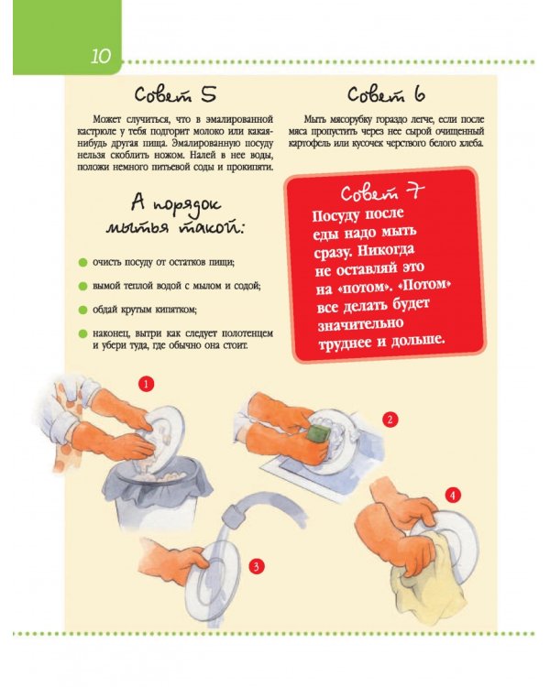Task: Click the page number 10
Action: click(x=101, y=56)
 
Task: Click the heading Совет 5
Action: click(x=175, y=94)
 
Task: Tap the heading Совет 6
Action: click(x=387, y=94)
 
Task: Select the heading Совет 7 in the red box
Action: click(x=382, y=191)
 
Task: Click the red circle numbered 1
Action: click(x=146, y=384)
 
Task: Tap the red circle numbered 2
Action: click(x=390, y=420)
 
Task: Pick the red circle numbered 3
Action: click(x=256, y=566)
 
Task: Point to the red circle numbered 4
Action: click(x=453, y=496)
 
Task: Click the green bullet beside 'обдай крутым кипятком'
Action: click(x=82, y=311)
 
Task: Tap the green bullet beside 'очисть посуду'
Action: click(x=82, y=263)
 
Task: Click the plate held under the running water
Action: click(x=211, y=577)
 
